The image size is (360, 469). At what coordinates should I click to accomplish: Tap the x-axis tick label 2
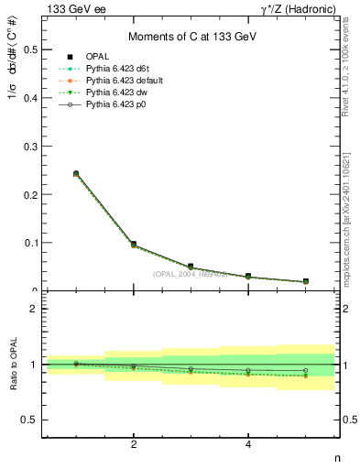tap(134, 444)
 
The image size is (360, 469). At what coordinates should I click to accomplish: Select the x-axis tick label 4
tap(248, 444)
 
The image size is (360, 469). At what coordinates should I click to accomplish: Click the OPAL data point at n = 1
tap(76, 173)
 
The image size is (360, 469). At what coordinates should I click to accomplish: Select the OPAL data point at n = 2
tap(134, 245)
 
